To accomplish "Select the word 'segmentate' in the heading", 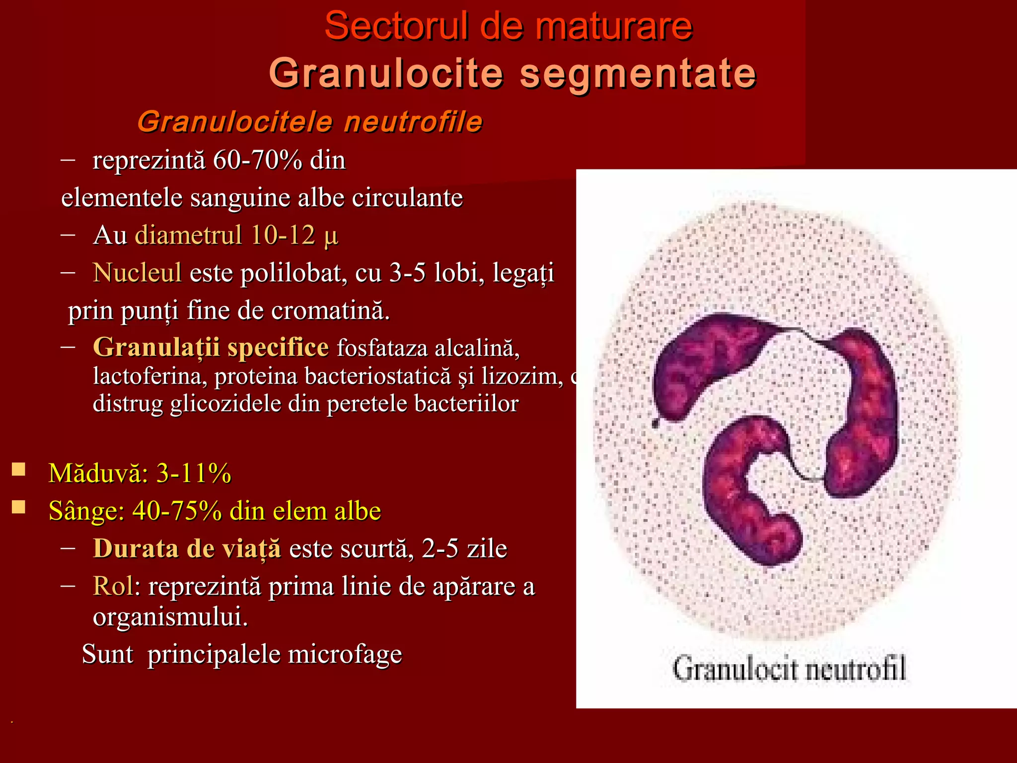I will pos(638,74).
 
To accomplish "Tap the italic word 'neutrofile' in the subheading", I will pos(413,122).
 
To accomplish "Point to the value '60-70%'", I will pos(257,160).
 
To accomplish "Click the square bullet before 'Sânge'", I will pos(19,507).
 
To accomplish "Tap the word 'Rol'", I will pos(113,586).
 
